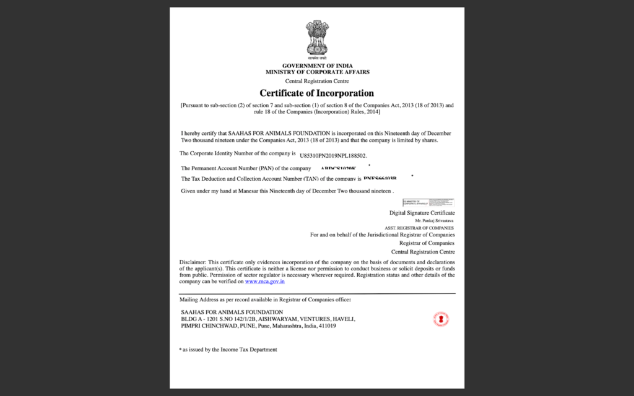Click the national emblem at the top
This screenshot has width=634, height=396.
tap(316, 38)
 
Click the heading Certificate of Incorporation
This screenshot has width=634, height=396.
tap(316, 93)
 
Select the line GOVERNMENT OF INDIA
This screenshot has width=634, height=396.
tap(317, 66)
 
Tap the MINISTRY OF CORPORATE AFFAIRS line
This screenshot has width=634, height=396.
tap(317, 72)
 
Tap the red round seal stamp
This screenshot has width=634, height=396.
tap(441, 319)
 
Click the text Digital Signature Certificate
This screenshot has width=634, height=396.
tap(422, 213)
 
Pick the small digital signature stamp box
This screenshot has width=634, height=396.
tap(428, 202)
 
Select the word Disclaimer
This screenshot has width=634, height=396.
tap(193, 262)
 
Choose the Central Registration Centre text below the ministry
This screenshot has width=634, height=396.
tap(317, 81)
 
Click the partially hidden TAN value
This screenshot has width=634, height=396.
tap(380, 179)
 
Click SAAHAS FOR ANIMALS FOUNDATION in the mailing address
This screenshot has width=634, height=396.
tap(232, 312)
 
